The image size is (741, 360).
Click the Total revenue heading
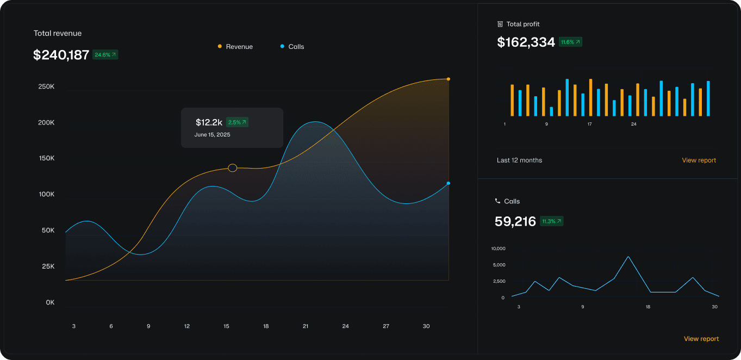click(58, 33)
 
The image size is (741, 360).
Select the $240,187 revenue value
click(61, 55)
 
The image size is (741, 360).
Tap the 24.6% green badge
click(105, 55)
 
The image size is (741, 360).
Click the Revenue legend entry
click(235, 47)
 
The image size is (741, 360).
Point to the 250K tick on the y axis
click(46, 86)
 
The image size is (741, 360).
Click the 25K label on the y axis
click(48, 266)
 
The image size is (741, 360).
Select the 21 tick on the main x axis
click(306, 326)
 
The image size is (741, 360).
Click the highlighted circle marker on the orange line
click(233, 168)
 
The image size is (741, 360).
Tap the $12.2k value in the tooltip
click(209, 122)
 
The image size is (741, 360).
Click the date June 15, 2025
click(212, 134)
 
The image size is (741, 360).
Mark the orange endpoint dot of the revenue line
click(449, 79)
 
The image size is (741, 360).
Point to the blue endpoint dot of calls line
click(449, 183)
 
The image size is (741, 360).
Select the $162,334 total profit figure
click(526, 42)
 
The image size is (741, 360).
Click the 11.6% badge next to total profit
click(570, 42)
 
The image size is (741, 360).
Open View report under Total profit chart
click(699, 160)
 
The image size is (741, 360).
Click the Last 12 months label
click(519, 160)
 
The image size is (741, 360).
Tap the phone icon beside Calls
click(497, 201)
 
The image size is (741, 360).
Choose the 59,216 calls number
click(515, 221)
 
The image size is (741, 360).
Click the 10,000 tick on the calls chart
click(498, 249)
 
